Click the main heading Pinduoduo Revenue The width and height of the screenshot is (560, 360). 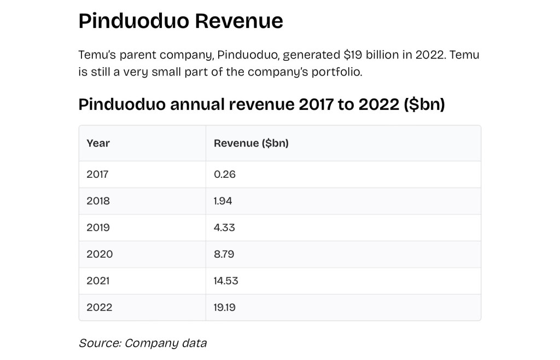[x=180, y=21]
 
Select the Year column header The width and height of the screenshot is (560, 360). [x=98, y=143]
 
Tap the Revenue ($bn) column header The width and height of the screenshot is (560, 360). [x=251, y=143]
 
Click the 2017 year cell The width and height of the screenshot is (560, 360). [x=97, y=175]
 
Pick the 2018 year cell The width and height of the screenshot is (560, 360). [x=98, y=201]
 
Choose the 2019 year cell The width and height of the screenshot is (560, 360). [x=98, y=228]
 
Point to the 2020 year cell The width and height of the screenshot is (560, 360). [x=100, y=254]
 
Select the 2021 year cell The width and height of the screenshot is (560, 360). [x=98, y=281]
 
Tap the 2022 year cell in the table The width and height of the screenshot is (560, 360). [x=99, y=307]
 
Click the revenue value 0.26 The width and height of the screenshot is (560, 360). [x=224, y=175]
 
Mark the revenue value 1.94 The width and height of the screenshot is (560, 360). [x=223, y=201]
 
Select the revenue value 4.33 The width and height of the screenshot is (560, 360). [x=224, y=228]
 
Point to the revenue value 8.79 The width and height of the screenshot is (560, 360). [x=224, y=254]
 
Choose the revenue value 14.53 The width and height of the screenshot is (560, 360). [x=226, y=281]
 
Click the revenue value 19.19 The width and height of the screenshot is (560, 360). [x=224, y=307]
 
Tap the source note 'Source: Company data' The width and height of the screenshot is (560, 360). [x=143, y=344]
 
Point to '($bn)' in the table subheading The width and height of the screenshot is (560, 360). [x=424, y=104]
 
